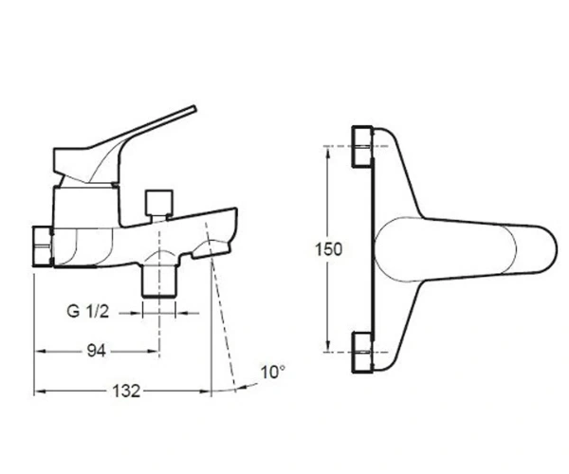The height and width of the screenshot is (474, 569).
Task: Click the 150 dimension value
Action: [x=328, y=249]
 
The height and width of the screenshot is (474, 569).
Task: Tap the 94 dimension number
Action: [x=97, y=351]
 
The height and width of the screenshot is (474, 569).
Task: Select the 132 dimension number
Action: [x=126, y=391]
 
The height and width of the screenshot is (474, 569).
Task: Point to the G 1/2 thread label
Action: [x=88, y=311]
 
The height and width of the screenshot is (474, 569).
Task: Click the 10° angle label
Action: [x=273, y=373]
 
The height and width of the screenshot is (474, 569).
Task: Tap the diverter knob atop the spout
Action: [x=158, y=202]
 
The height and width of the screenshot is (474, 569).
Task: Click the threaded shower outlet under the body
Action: [x=158, y=281]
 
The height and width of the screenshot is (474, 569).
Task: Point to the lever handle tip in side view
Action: [x=194, y=108]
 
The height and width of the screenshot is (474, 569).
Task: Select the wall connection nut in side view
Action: [x=44, y=246]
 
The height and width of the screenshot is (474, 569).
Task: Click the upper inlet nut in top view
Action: [x=363, y=146]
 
